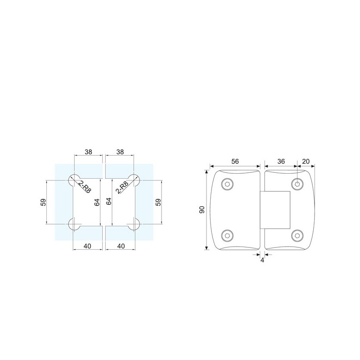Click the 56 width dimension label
pyautogui.click(x=235, y=162)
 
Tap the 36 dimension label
pyautogui.click(x=281, y=162)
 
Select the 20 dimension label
pyautogui.click(x=306, y=162)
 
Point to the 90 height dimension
pyautogui.click(x=202, y=210)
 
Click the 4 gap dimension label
pyautogui.click(x=262, y=261)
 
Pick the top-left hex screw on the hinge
pyautogui.click(x=227, y=184)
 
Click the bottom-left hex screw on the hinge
pyautogui.click(x=227, y=235)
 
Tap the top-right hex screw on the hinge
pyautogui.click(x=297, y=184)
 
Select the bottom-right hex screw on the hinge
pyautogui.click(x=297, y=235)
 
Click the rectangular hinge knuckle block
pyautogui.click(x=275, y=210)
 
